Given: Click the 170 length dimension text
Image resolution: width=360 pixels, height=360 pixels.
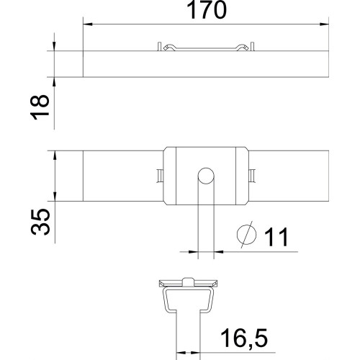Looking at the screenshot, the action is [207, 10].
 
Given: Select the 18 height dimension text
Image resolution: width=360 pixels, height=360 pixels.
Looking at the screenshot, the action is [40, 107].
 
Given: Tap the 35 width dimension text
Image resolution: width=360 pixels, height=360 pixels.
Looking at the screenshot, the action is [40, 222].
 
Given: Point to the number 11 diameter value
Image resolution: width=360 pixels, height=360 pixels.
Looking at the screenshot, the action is [276, 237].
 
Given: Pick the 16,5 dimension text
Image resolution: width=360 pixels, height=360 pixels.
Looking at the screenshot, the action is [244, 338].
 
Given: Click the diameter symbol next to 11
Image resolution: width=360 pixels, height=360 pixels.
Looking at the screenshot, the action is [247, 235].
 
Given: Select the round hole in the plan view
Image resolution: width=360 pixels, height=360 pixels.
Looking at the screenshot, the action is [206, 176].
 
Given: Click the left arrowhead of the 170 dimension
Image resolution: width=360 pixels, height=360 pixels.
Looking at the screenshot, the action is [87, 24].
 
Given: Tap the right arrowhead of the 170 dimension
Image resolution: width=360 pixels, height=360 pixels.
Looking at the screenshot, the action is [324, 24].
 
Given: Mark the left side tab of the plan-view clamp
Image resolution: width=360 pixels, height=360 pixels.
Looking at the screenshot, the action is [160, 176].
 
